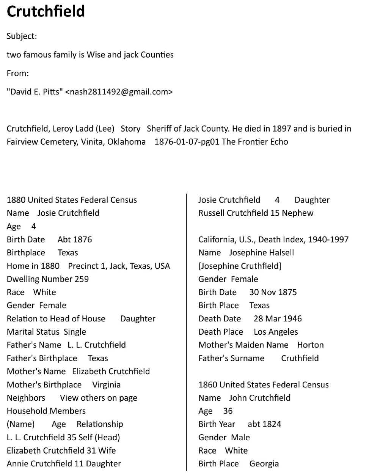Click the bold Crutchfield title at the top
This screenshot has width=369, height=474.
pyautogui.click(x=46, y=11)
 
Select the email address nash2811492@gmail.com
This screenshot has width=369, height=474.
pyautogui.click(x=119, y=92)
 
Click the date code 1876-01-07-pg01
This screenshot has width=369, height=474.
pyautogui.click(x=187, y=142)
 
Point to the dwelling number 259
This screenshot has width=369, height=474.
pyautogui.click(x=82, y=279)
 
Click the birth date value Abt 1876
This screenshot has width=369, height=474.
pyautogui.click(x=75, y=240)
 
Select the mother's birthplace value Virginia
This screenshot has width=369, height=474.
pyautogui.click(x=106, y=385)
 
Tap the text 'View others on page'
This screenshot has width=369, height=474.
pyautogui.click(x=99, y=398)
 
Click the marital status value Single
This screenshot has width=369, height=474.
pyautogui.click(x=75, y=332)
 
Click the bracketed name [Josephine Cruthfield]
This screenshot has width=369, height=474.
pyautogui.click(x=240, y=266)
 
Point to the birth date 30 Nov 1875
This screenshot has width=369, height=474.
pyautogui.click(x=273, y=293)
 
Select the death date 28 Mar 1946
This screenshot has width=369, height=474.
pyautogui.click(x=278, y=319)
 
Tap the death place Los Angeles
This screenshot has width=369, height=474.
pyautogui.click(x=276, y=332)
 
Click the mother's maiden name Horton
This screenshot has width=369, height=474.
pyautogui.click(x=310, y=345)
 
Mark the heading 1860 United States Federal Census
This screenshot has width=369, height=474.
pyautogui.click(x=263, y=385)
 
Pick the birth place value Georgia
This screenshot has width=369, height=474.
pyautogui.click(x=264, y=464)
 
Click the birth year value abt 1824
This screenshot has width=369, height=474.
pyautogui.click(x=264, y=424)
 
